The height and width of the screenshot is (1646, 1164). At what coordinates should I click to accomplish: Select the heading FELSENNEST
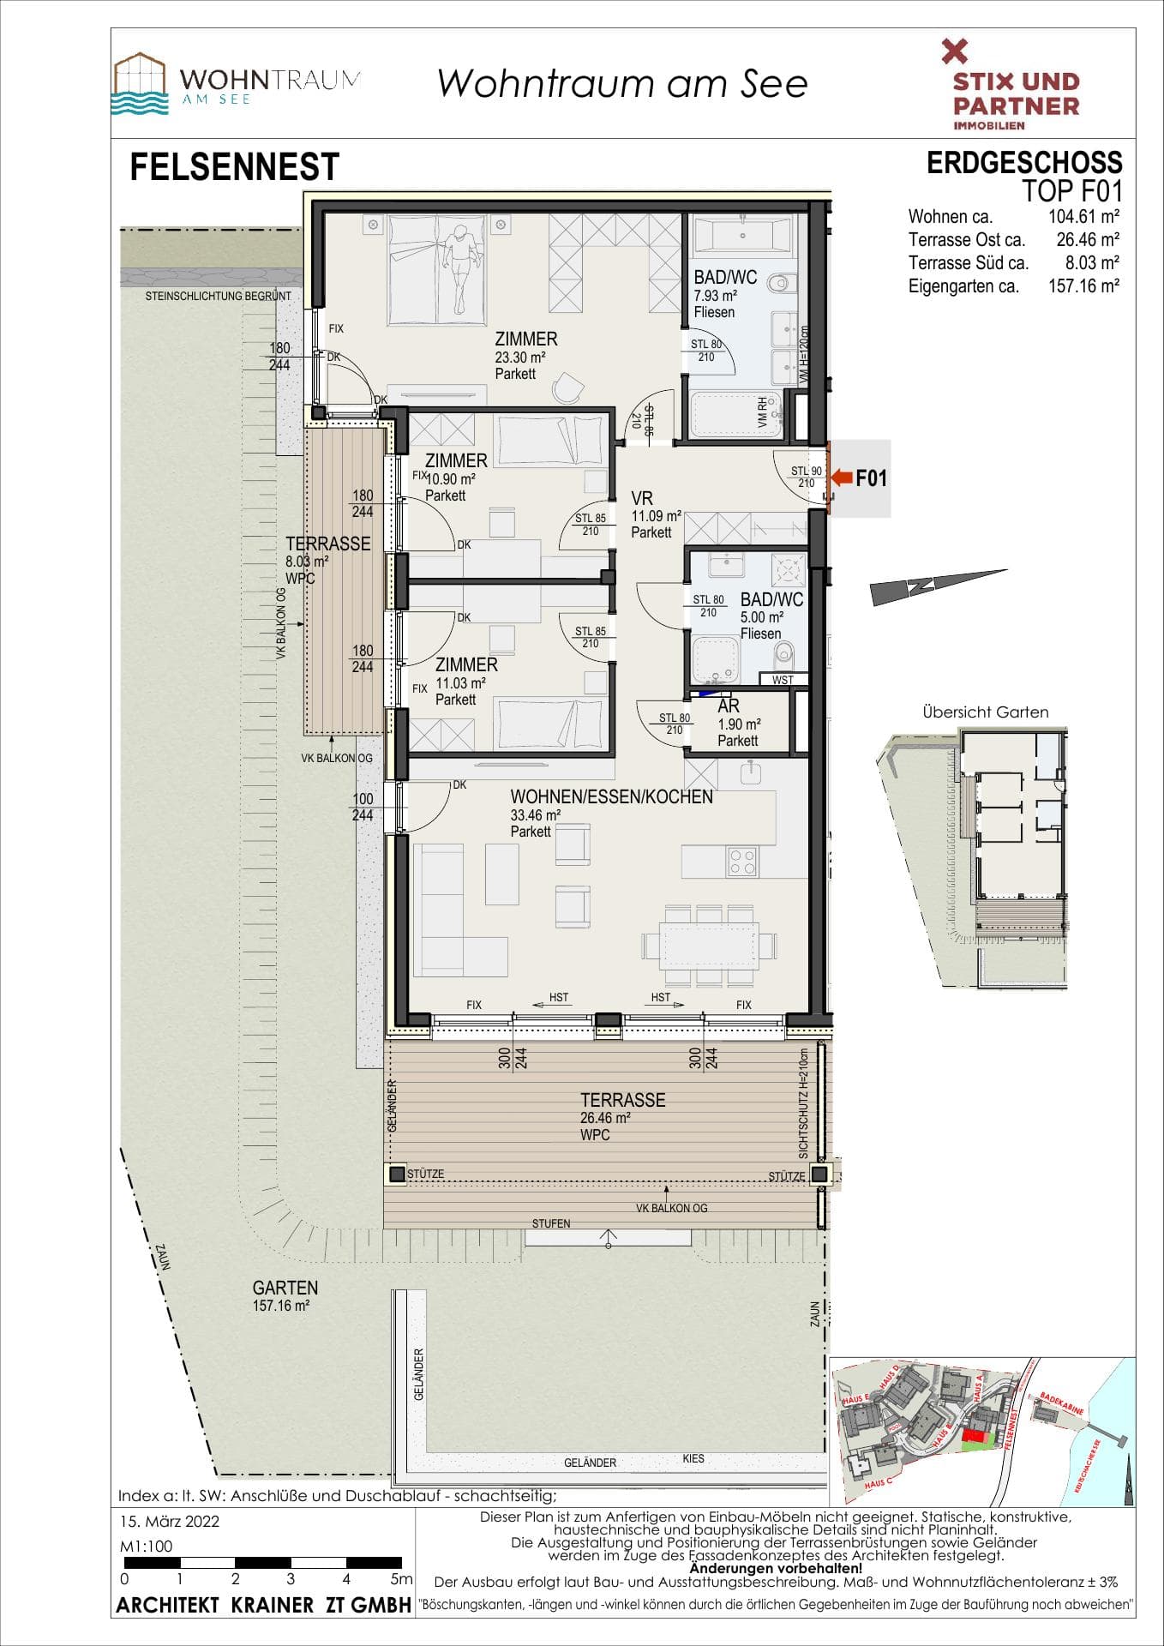(x=234, y=167)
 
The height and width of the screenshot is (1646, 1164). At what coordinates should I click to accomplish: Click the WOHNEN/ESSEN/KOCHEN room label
(x=611, y=796)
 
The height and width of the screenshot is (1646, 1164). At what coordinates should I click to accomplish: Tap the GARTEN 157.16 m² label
(x=285, y=1295)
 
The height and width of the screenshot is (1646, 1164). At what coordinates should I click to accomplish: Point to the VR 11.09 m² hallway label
(x=655, y=514)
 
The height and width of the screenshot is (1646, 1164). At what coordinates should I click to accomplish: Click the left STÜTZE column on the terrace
(x=397, y=1174)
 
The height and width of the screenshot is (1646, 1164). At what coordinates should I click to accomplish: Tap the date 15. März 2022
(x=170, y=1521)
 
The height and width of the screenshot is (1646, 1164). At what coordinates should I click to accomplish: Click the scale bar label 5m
(x=401, y=1578)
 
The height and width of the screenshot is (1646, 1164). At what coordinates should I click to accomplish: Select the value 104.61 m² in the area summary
(x=1083, y=216)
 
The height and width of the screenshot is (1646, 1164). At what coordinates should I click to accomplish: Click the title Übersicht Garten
(x=985, y=712)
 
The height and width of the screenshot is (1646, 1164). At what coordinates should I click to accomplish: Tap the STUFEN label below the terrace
(x=550, y=1223)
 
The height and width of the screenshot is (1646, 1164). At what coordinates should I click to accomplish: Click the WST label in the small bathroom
(x=783, y=680)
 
